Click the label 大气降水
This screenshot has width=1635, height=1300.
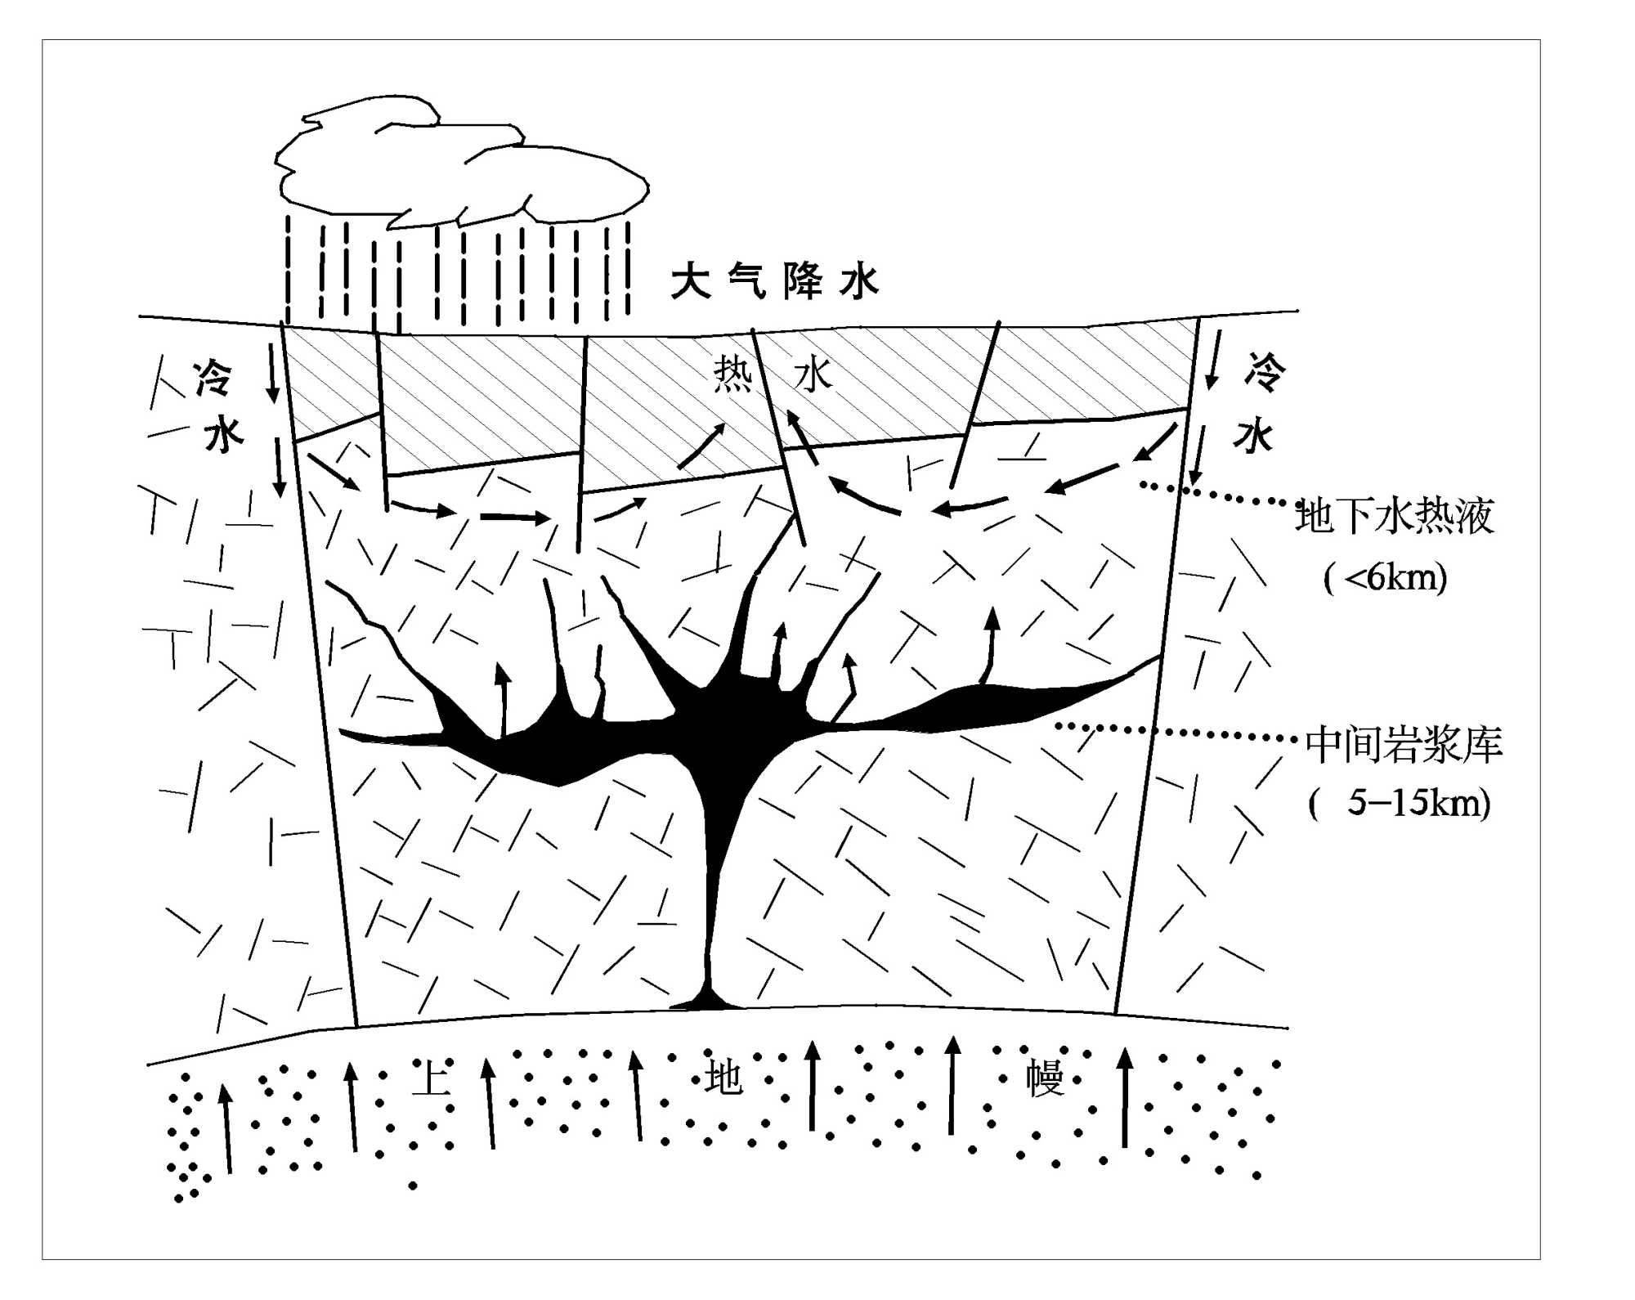pyautogui.click(x=774, y=282)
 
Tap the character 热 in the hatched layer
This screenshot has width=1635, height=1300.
pyautogui.click(x=732, y=374)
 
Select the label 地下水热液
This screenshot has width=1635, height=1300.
pyautogui.click(x=1395, y=516)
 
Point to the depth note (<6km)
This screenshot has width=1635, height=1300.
pyautogui.click(x=1385, y=578)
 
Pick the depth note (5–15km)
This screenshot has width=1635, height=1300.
pyautogui.click(x=1399, y=803)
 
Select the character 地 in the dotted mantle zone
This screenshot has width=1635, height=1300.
pyautogui.click(x=723, y=1077)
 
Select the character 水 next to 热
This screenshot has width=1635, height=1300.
pyautogui.click(x=813, y=376)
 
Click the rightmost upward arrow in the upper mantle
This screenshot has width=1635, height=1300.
pyautogui.click(x=1125, y=1096)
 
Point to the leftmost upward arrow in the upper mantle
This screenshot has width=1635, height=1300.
pyautogui.click(x=226, y=1128)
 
